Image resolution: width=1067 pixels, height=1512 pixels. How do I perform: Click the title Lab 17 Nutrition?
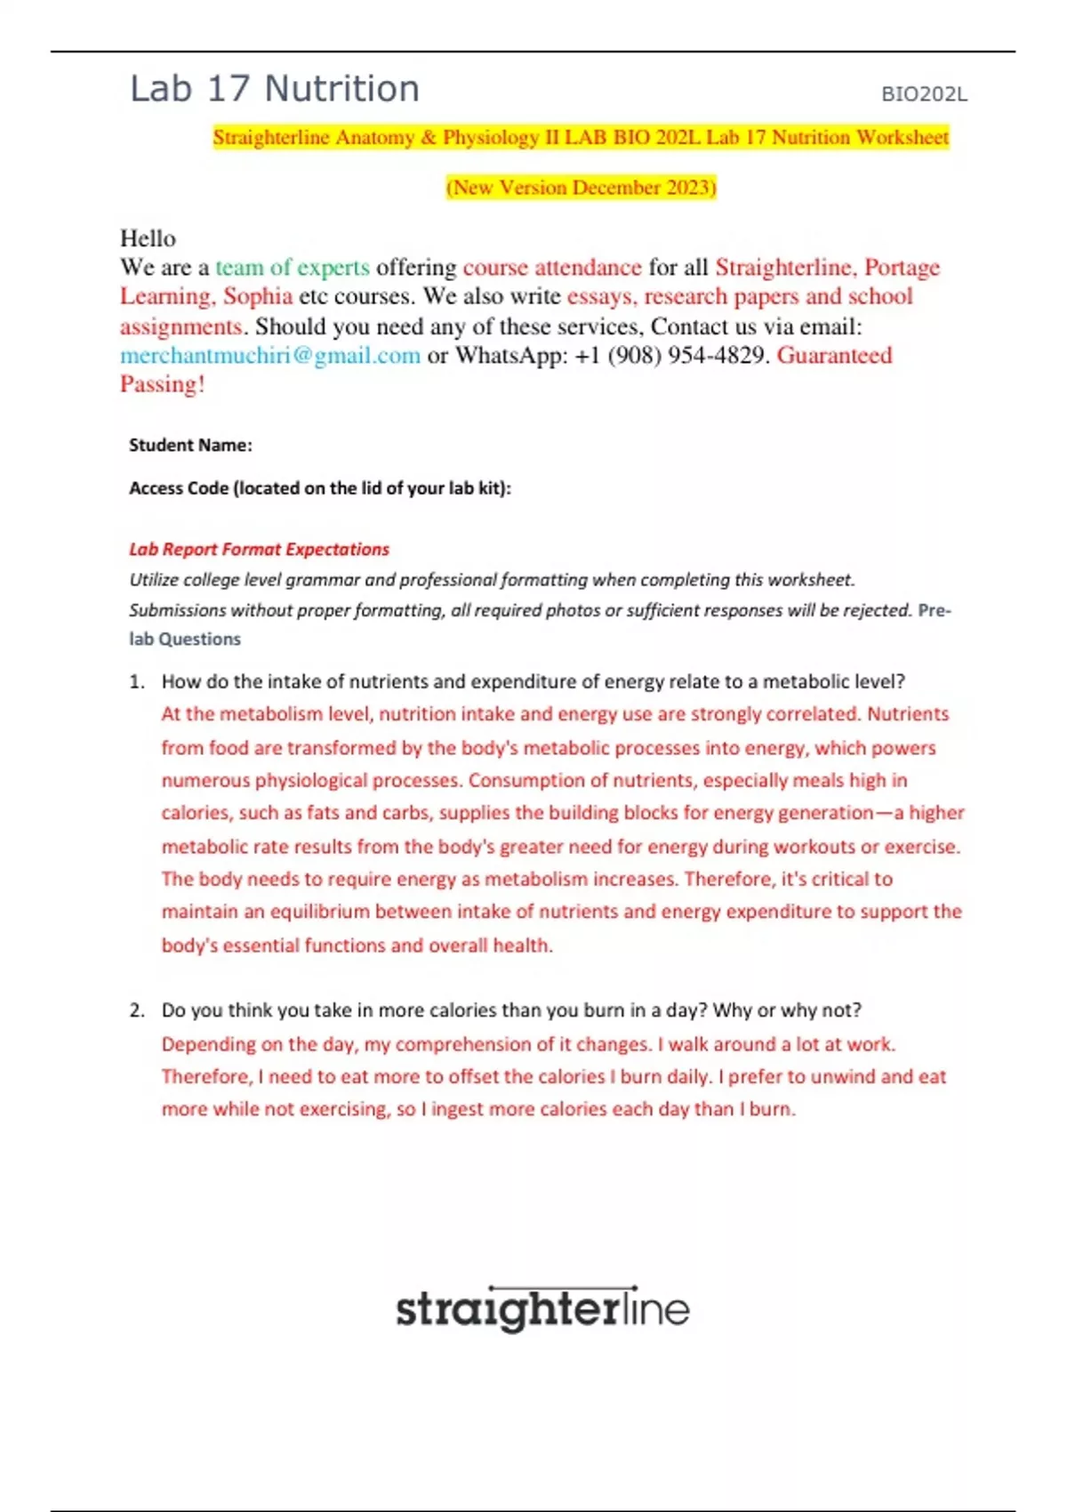[274, 90]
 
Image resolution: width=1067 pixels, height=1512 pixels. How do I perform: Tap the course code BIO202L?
[924, 94]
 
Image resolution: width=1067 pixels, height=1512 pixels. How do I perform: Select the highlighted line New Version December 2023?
[581, 188]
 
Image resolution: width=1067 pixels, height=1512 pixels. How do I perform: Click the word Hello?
[148, 238]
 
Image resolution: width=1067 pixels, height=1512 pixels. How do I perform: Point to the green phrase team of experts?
[293, 268]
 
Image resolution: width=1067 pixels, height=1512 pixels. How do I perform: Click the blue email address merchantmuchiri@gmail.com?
[270, 356]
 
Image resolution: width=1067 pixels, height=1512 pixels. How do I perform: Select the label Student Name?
[190, 446]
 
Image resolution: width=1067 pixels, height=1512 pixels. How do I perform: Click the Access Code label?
[319, 488]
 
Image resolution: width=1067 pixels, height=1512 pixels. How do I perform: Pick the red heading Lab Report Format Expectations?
[259, 550]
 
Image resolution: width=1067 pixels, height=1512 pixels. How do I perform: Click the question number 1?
[136, 682]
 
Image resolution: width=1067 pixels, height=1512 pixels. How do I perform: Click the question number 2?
[136, 1011]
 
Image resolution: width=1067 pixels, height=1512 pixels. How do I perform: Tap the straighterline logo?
[542, 1309]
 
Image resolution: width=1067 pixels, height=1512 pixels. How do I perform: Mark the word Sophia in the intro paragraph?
[258, 297]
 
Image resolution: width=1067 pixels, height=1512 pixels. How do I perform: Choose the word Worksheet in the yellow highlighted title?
[902, 138]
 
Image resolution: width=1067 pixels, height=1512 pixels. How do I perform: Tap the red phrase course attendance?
[552, 268]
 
